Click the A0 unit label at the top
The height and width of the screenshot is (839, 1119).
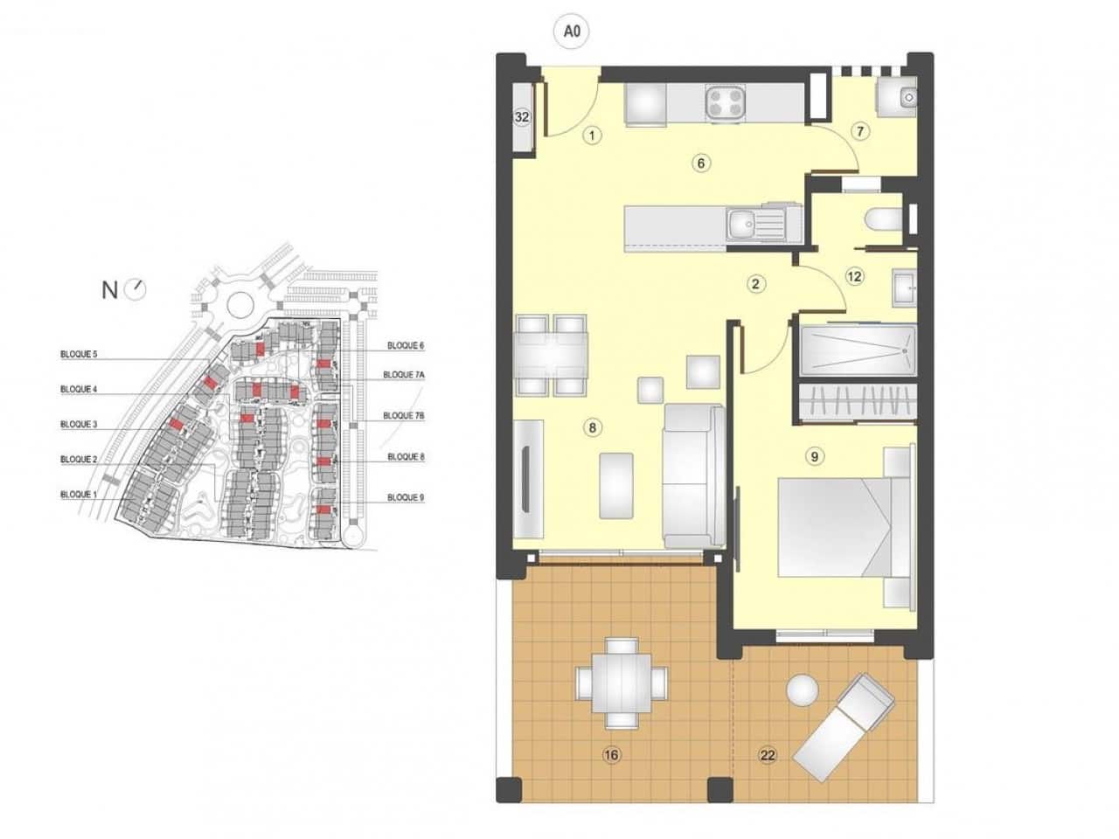click(572, 32)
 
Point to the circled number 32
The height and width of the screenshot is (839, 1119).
click(522, 118)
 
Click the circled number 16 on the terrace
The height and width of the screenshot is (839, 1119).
click(610, 755)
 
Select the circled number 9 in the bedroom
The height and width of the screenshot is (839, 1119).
click(814, 455)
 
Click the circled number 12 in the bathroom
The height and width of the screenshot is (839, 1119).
click(854, 277)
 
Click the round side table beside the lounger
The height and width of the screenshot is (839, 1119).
click(802, 690)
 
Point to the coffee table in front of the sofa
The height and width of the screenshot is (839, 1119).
click(617, 486)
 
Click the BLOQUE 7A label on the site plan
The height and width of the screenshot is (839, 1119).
click(403, 375)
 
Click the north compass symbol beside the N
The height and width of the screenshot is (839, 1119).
click(136, 289)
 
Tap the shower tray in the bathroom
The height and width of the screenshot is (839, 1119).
click(857, 350)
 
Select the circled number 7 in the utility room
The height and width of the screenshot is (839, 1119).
click(859, 132)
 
